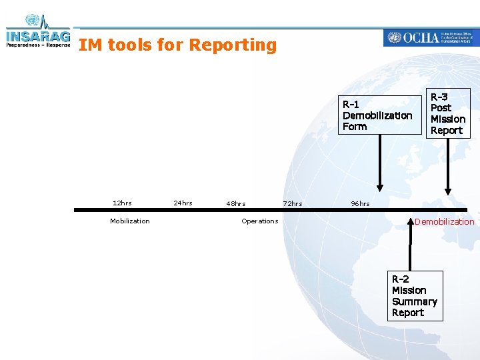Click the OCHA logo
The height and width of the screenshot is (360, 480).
pos(430,37)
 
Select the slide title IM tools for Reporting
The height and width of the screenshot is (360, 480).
pos(177,45)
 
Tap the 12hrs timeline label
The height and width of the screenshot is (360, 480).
pos(122,203)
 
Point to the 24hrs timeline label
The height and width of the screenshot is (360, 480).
pos(183,203)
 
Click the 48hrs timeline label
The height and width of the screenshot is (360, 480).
pos(236,203)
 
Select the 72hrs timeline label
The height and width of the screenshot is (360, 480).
pos(292,203)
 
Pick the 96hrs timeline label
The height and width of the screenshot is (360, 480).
pos(360,203)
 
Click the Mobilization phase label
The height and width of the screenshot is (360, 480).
pos(130,221)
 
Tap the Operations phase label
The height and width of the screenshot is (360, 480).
pos(259,221)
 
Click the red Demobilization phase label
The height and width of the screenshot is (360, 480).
pos(444,221)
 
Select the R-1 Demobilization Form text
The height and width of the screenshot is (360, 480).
pos(377,115)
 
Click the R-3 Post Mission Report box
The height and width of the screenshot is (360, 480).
pos(448,113)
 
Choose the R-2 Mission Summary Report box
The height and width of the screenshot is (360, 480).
pos(415,295)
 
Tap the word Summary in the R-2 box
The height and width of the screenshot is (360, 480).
pos(415,301)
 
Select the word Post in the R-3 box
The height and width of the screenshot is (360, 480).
pos(441,107)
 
